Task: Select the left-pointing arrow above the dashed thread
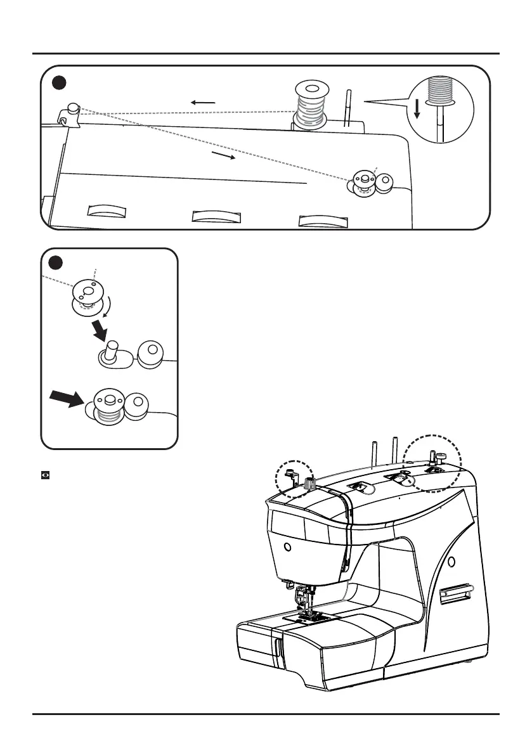click(x=204, y=102)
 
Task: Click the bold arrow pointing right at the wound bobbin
click(x=66, y=400)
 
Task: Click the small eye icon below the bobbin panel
click(x=46, y=474)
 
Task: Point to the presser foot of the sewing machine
click(x=306, y=610)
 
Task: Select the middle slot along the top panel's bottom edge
click(x=217, y=216)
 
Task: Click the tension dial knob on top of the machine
click(x=310, y=483)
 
